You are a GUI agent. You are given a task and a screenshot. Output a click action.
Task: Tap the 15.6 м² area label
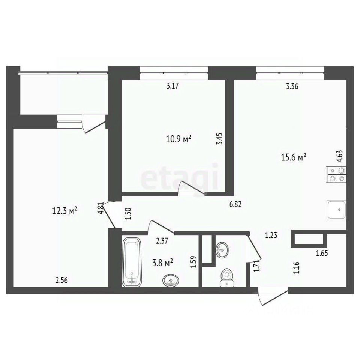[295, 158]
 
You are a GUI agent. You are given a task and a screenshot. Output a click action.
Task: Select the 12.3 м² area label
[65, 211]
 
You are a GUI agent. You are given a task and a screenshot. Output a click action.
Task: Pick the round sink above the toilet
[222, 248]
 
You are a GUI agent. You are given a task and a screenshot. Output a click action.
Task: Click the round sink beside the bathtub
[171, 280]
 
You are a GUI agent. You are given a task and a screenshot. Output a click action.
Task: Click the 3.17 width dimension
[172, 86]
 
